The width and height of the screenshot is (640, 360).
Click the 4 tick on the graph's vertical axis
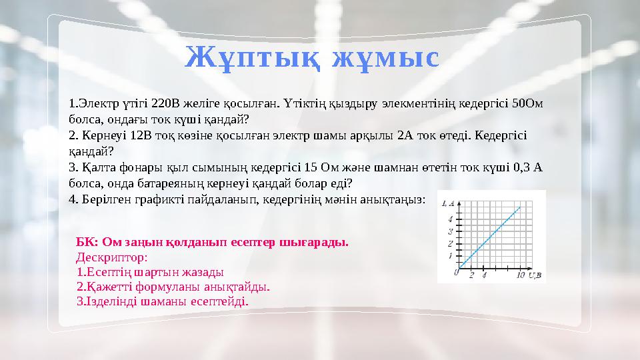point(451,219)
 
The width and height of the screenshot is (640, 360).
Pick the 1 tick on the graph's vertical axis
point(451,255)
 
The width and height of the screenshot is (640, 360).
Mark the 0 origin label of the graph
point(456,272)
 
